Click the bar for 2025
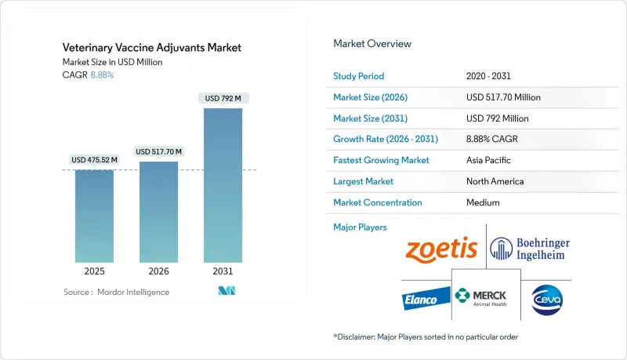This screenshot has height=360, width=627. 94,216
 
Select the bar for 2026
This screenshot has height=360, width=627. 158,212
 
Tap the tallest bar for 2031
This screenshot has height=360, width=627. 223,185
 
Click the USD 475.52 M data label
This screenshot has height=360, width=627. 94,160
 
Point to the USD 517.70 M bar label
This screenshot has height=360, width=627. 158,151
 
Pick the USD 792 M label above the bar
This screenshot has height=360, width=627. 223,98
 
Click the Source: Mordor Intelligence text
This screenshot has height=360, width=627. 116,292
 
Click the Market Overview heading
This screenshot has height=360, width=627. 372,44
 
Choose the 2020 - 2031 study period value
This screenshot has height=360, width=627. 490,76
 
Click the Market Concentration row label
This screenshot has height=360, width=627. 378,202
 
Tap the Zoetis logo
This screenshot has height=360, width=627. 441,249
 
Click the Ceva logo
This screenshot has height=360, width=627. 545,299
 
